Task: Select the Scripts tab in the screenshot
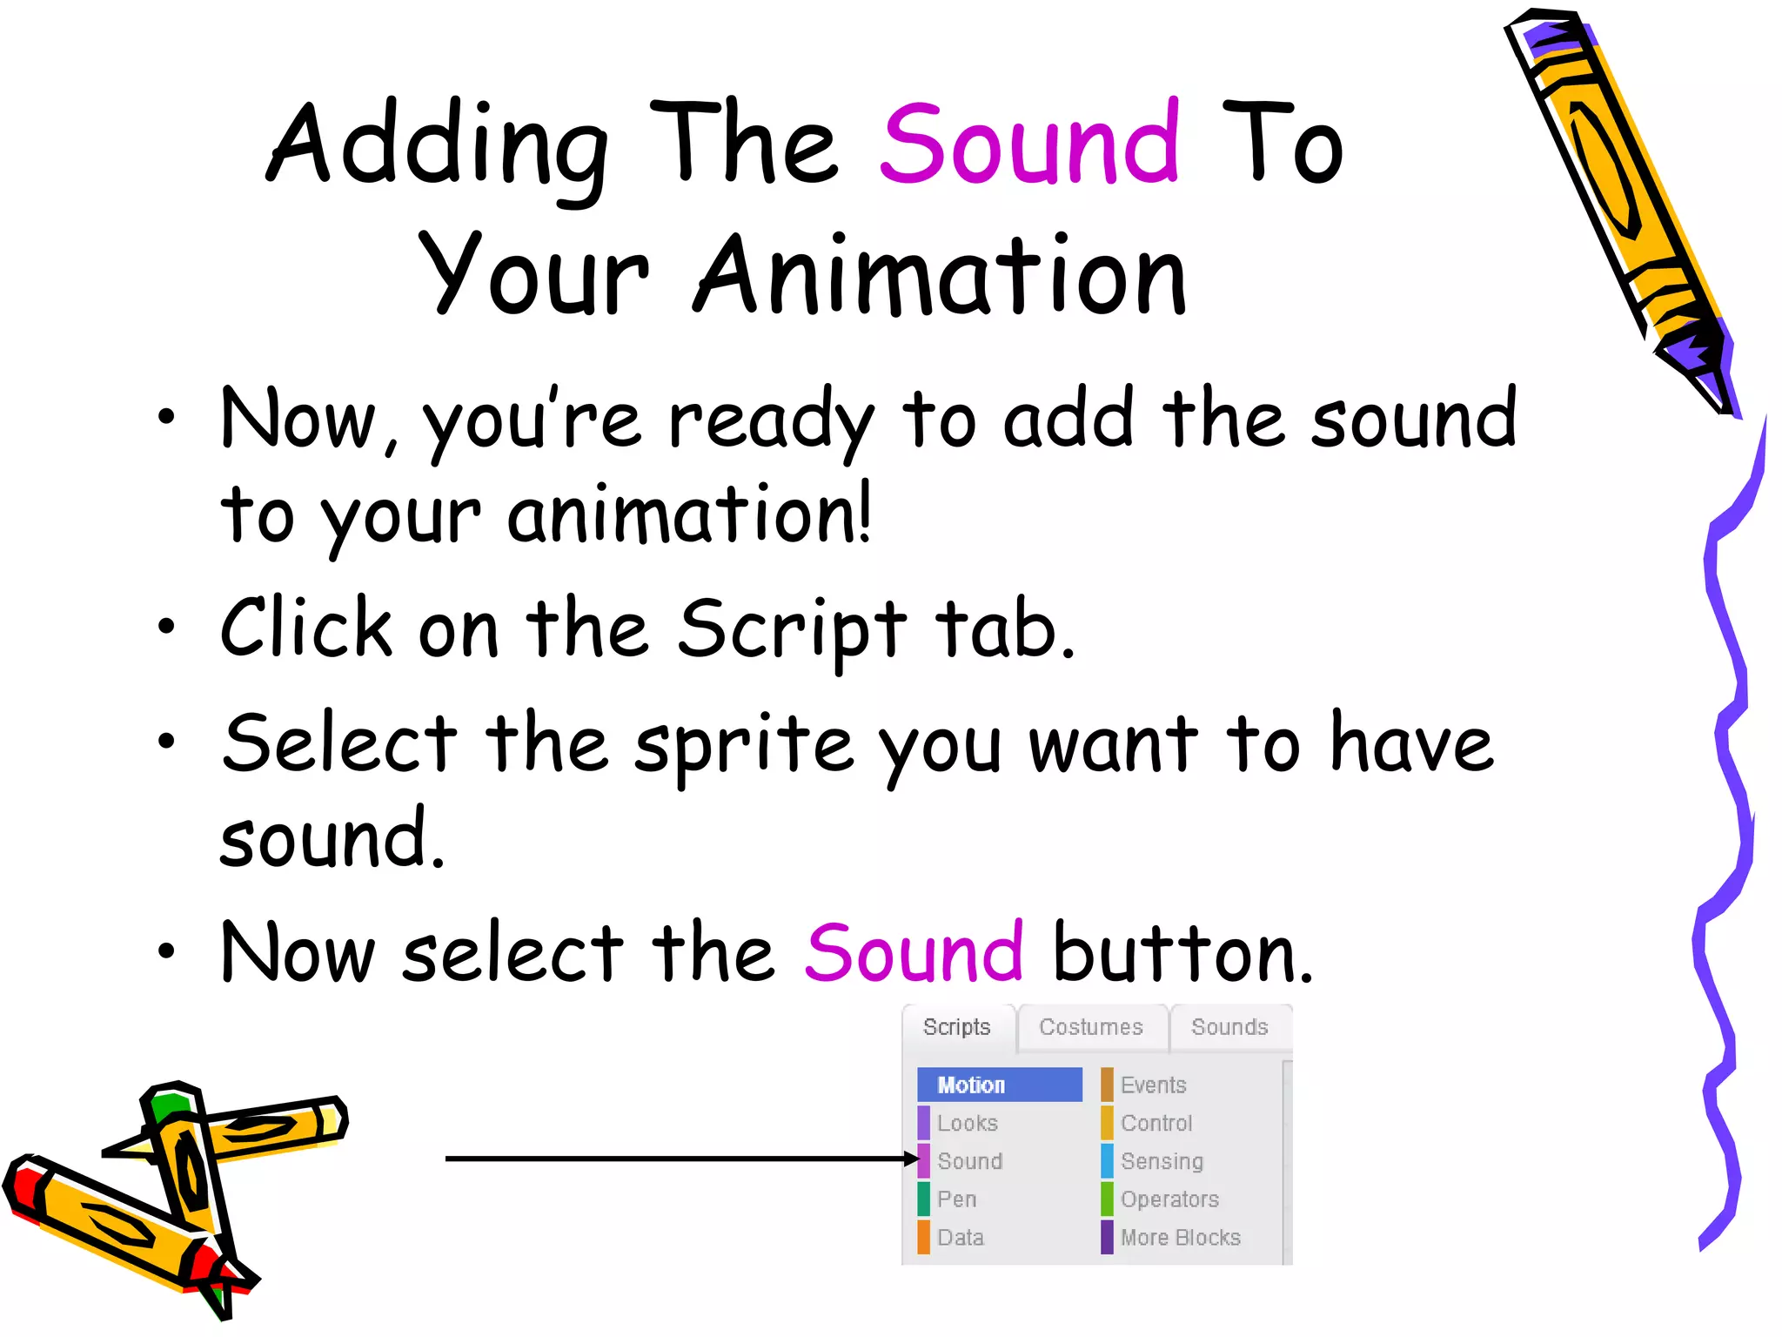[956, 1027]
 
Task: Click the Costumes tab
[1090, 1027]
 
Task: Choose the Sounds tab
[1229, 1027]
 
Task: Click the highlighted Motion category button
[999, 1085]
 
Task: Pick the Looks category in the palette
[967, 1123]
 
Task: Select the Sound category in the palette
[969, 1161]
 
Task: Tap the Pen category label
[956, 1199]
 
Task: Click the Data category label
[960, 1238]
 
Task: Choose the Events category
[1153, 1085]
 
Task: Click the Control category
[1156, 1123]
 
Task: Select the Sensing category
[1161, 1161]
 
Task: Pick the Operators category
[1169, 1199]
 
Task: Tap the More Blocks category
[1180, 1238]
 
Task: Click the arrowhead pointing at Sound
[911, 1159]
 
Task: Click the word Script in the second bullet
[792, 628]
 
